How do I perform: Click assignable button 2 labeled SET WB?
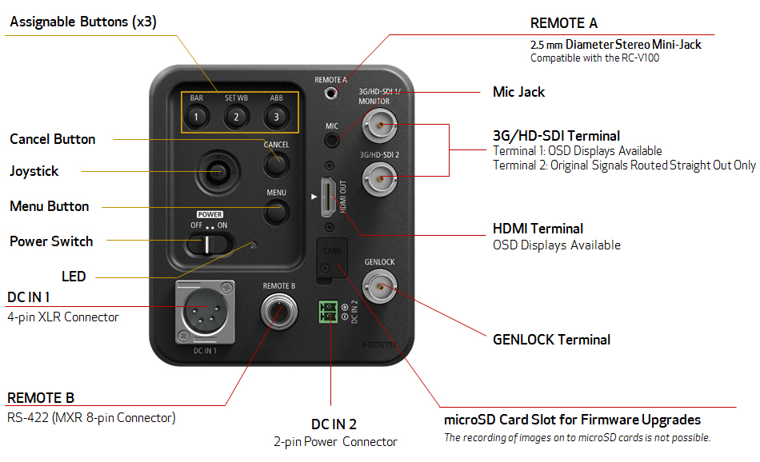tap(235, 118)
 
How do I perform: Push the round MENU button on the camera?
tap(276, 212)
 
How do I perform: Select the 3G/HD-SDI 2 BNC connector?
tap(379, 174)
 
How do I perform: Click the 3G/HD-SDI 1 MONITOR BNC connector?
tap(379, 125)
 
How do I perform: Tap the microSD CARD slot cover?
tap(331, 258)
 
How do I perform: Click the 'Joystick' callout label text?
tap(34, 171)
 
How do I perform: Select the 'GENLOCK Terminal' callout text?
tap(551, 340)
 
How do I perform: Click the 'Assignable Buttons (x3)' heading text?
tap(82, 22)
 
